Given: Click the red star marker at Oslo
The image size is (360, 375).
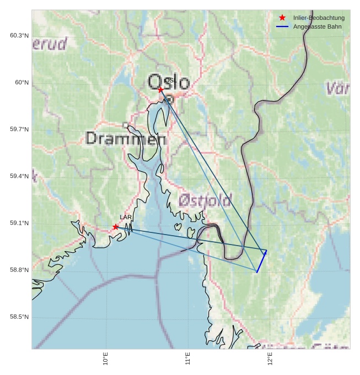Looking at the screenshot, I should (160, 89).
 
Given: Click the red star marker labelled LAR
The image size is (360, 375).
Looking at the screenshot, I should (116, 227).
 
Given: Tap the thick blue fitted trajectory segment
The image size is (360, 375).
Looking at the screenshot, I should (261, 262).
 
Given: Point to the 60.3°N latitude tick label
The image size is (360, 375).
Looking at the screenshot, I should (19, 36).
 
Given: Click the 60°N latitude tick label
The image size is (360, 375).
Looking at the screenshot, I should (22, 83).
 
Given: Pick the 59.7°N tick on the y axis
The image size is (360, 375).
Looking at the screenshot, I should (19, 129).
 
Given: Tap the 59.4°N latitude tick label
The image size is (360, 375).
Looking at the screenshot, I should (19, 176).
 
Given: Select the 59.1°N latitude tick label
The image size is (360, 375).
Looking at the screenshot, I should (19, 223).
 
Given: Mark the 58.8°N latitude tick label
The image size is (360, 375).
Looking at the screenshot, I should (19, 270).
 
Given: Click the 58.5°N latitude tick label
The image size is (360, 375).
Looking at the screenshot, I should (19, 317).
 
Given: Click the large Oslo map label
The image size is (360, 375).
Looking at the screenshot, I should (168, 83).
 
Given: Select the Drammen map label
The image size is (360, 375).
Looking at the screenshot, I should (126, 139).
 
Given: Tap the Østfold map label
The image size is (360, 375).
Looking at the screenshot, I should (205, 200).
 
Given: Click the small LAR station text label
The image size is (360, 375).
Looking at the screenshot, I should (126, 218).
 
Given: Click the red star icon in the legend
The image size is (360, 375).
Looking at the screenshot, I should (282, 18).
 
